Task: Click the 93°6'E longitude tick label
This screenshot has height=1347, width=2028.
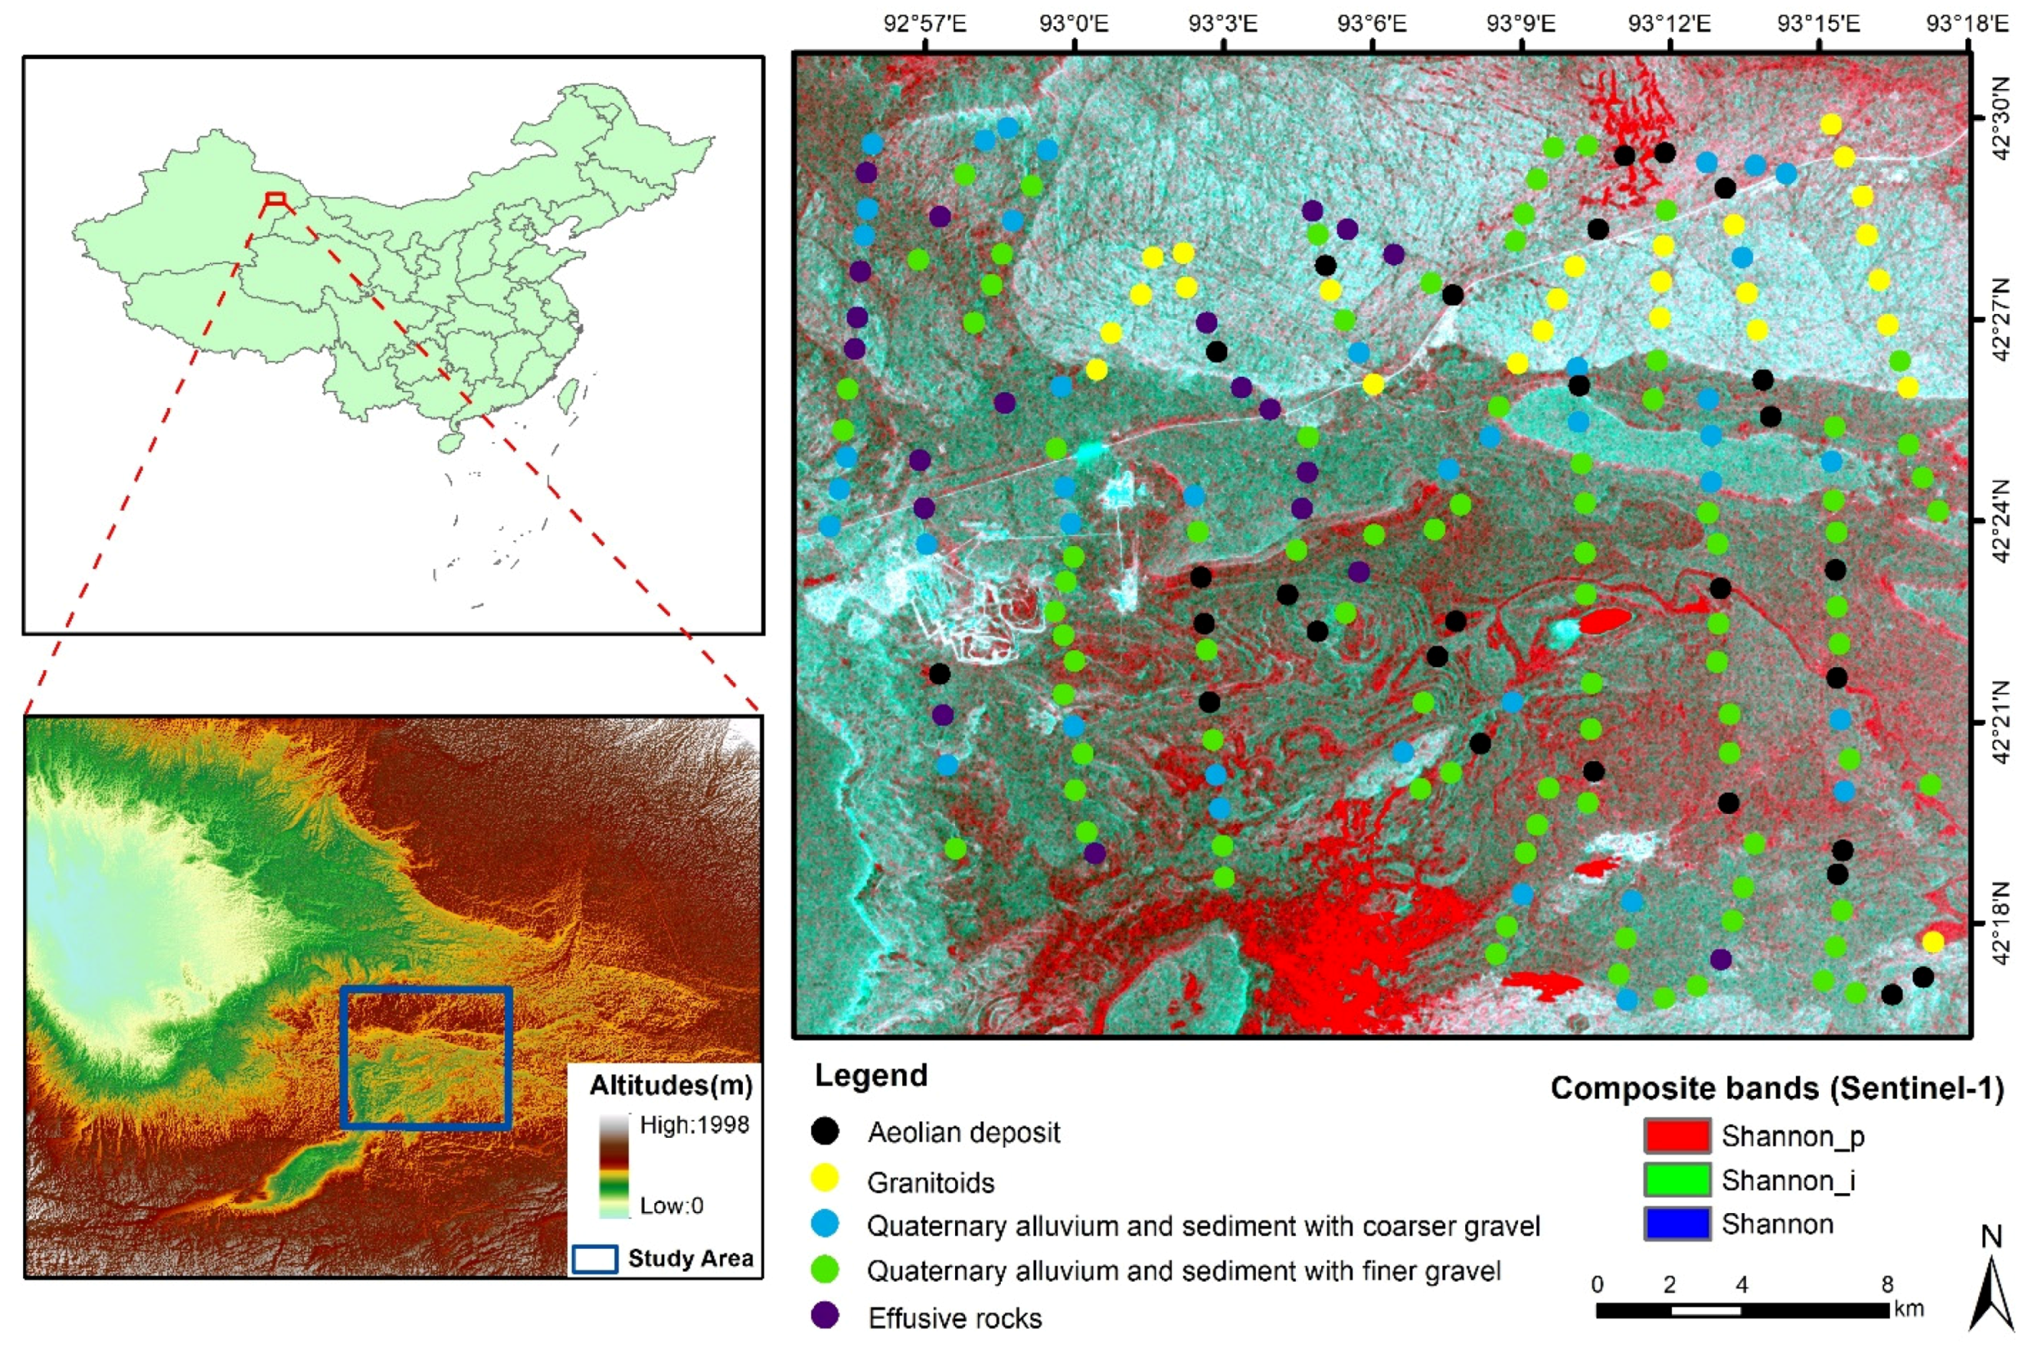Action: pos(1371,22)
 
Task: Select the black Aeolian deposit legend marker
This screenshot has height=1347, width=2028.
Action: pos(825,1131)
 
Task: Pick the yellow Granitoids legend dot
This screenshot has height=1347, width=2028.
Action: pos(825,1179)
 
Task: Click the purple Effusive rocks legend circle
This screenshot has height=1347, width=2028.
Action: pos(825,1315)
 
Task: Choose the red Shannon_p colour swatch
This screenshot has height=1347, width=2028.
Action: pos(1677,1134)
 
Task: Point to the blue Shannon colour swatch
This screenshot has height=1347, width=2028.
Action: pos(1677,1224)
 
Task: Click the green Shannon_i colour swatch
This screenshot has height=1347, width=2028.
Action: pos(1677,1179)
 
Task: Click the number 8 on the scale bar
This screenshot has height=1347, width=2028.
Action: pos(1887,1284)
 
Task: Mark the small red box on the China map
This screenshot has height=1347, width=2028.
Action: pos(275,199)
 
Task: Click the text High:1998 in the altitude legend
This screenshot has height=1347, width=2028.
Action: pos(694,1125)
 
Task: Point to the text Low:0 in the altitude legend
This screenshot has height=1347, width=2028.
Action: pos(672,1206)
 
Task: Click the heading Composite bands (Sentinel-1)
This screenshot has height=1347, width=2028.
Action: pos(1776,1089)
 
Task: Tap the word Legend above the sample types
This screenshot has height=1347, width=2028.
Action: pos(871,1075)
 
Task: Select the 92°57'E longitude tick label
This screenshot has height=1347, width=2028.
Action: pos(925,22)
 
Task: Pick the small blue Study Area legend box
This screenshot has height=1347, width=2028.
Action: pos(594,1259)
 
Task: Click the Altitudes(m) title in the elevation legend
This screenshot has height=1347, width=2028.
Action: pos(671,1085)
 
